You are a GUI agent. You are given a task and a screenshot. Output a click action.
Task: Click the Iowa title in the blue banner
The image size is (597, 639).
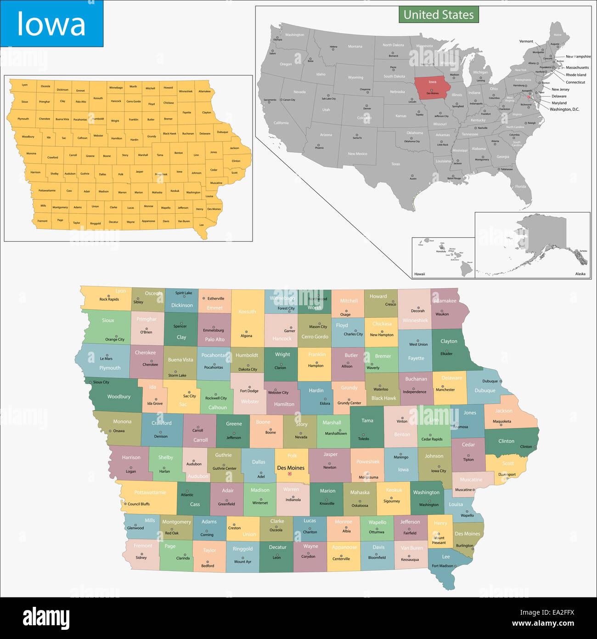(x=51, y=24)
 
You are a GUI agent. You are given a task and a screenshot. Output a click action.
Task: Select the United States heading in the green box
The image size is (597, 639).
(x=439, y=15)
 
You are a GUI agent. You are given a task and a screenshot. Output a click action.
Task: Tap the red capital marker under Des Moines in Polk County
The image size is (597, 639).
(x=290, y=474)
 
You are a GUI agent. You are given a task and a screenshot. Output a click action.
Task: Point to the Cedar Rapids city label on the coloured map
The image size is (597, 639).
(x=432, y=439)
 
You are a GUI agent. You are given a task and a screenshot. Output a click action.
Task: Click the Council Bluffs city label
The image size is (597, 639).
(x=138, y=504)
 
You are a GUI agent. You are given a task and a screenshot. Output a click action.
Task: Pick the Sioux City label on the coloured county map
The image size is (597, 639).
(x=101, y=382)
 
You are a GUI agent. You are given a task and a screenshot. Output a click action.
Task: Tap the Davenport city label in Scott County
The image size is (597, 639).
(x=507, y=474)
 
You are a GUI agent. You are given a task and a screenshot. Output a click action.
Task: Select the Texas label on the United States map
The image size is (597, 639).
(x=395, y=164)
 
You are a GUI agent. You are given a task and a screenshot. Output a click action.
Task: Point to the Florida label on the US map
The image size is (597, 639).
(x=520, y=187)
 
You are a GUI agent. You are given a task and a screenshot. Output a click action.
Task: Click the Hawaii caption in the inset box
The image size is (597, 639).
(x=419, y=274)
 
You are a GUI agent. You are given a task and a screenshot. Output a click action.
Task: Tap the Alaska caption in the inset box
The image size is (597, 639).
(x=580, y=274)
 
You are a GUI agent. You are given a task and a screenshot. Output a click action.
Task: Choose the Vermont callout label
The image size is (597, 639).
(x=526, y=41)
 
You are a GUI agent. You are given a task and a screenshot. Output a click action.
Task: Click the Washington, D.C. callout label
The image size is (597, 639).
(x=564, y=109)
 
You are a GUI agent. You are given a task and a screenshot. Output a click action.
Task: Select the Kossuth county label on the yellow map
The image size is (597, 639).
(x=98, y=98)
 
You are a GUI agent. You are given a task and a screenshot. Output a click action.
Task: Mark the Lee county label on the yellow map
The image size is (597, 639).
(x=201, y=225)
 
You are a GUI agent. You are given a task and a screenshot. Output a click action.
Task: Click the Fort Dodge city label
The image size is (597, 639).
(x=249, y=391)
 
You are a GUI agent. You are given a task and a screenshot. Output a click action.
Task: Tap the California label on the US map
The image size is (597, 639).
(x=281, y=123)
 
